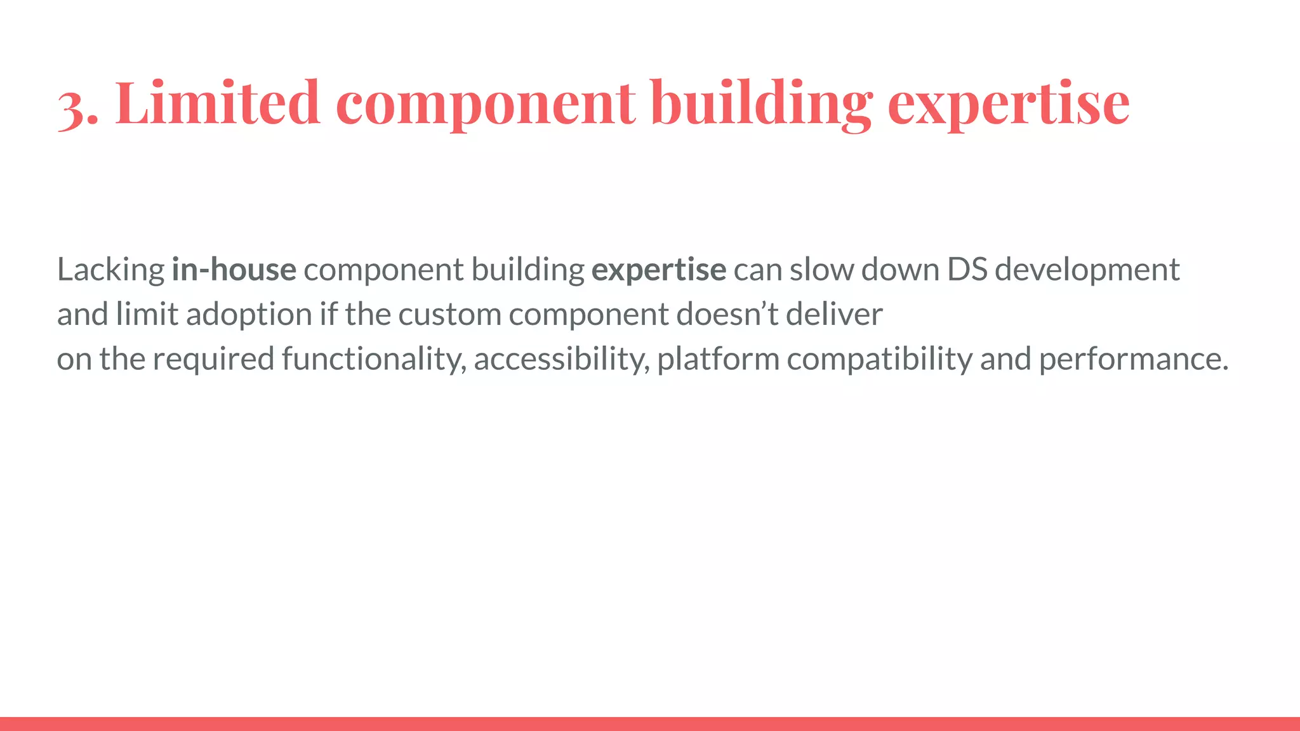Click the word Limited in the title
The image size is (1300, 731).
(217, 103)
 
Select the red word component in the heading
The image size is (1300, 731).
(485, 105)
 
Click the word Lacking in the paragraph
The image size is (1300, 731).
(110, 270)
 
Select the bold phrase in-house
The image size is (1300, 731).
(234, 270)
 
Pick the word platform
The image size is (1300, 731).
(718, 360)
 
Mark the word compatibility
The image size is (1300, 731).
(879, 360)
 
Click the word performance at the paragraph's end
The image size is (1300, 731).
(1132, 360)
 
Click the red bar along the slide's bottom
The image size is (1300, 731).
(650, 723)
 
